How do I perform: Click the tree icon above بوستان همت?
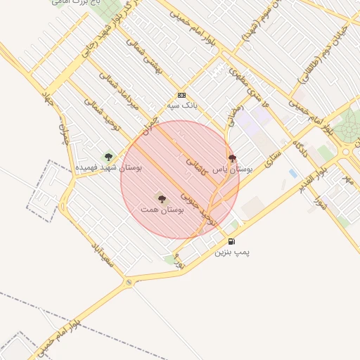pyautogui.click(x=162, y=199)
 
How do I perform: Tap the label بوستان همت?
pyautogui.click(x=162, y=210)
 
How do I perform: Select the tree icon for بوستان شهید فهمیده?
pyautogui.click(x=108, y=157)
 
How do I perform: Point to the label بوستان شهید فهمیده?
pyautogui.click(x=109, y=168)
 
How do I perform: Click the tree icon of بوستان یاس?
pyautogui.click(x=232, y=158)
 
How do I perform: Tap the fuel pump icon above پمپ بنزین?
pyautogui.click(x=232, y=240)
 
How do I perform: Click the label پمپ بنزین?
pyautogui.click(x=233, y=251)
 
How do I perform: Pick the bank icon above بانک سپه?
pyautogui.click(x=181, y=95)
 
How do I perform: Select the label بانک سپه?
pyautogui.click(x=181, y=105)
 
